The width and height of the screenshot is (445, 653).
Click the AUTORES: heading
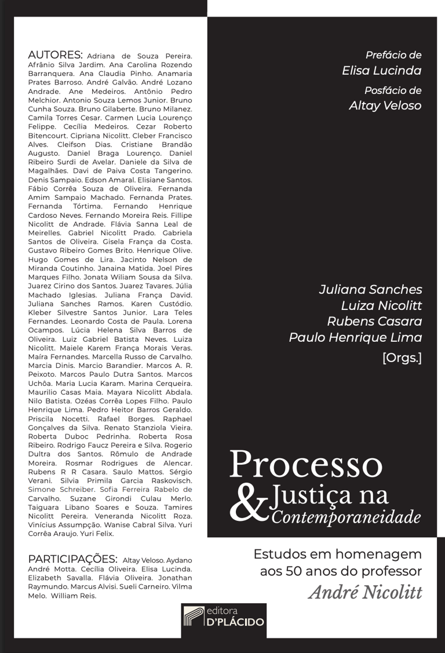point(55,55)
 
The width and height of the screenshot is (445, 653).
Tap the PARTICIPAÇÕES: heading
point(72,559)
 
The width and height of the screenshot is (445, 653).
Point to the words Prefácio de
point(393,56)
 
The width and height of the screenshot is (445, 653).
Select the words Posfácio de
point(393,90)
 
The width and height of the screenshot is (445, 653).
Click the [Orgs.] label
point(402,357)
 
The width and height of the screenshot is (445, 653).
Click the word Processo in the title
point(306,464)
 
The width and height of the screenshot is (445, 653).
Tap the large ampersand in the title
point(247,502)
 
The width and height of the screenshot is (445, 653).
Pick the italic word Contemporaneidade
point(345,516)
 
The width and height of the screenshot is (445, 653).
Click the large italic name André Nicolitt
point(365,593)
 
